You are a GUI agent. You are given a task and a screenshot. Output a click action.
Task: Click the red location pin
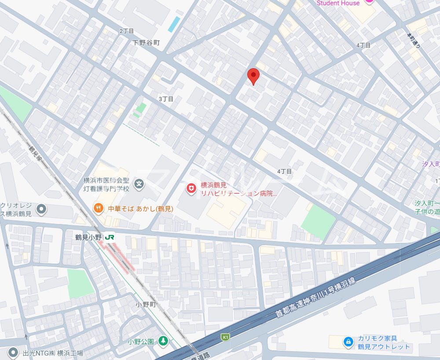(x=253, y=76)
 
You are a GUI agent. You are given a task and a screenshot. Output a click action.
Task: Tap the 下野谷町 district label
(x=147, y=43)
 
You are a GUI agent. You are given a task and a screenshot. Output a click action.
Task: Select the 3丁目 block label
(x=166, y=99)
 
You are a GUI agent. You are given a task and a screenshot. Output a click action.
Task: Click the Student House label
(x=338, y=3)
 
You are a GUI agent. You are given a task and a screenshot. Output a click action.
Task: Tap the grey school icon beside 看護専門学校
(x=139, y=184)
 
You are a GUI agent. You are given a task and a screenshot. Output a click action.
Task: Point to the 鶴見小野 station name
(x=88, y=237)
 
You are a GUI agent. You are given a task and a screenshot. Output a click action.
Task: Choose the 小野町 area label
(x=147, y=305)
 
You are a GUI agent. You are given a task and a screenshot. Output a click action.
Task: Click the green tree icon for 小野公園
(x=163, y=341)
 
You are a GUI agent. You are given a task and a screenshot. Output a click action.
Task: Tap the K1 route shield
(x=225, y=337)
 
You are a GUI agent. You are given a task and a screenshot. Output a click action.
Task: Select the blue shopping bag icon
(x=348, y=342)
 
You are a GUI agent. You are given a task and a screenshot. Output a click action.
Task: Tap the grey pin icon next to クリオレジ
(x=41, y=209)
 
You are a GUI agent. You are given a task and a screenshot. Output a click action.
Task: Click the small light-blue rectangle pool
(x=174, y=24)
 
